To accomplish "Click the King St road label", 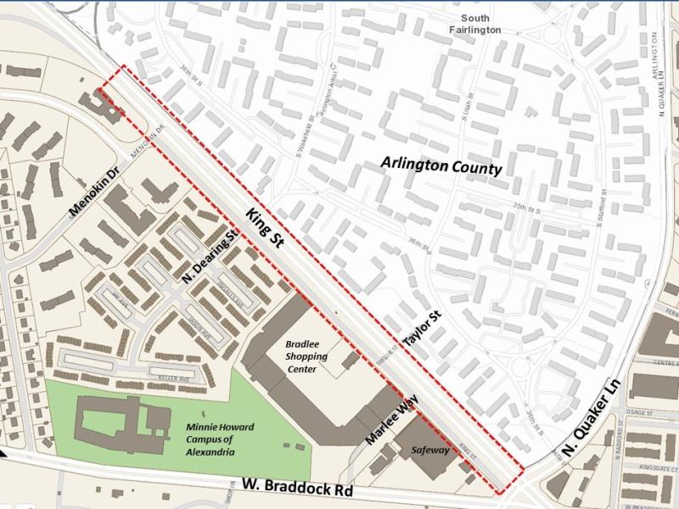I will [265, 228].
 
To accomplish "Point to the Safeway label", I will [429, 450].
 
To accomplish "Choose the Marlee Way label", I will [393, 422].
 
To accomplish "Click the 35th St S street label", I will [526, 209].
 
